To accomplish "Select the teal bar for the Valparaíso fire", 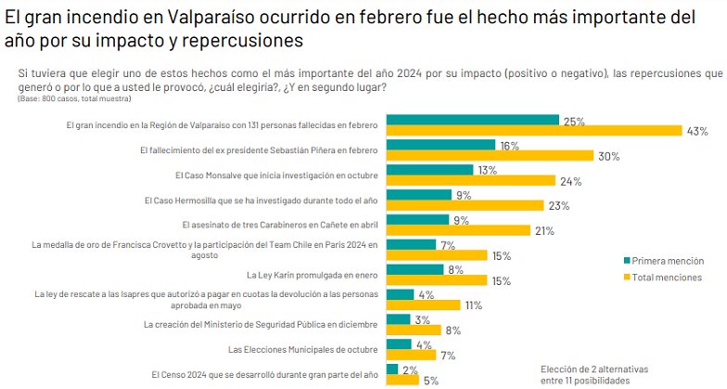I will [472, 120].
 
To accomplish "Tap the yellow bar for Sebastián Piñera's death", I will [490, 155].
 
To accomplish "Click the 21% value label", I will [543, 230].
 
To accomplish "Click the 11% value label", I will [474, 305].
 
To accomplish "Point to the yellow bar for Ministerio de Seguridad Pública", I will [414, 331].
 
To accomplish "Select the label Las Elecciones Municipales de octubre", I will [302, 349].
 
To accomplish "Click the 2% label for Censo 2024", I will [410, 369].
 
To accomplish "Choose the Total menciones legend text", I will [667, 278].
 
